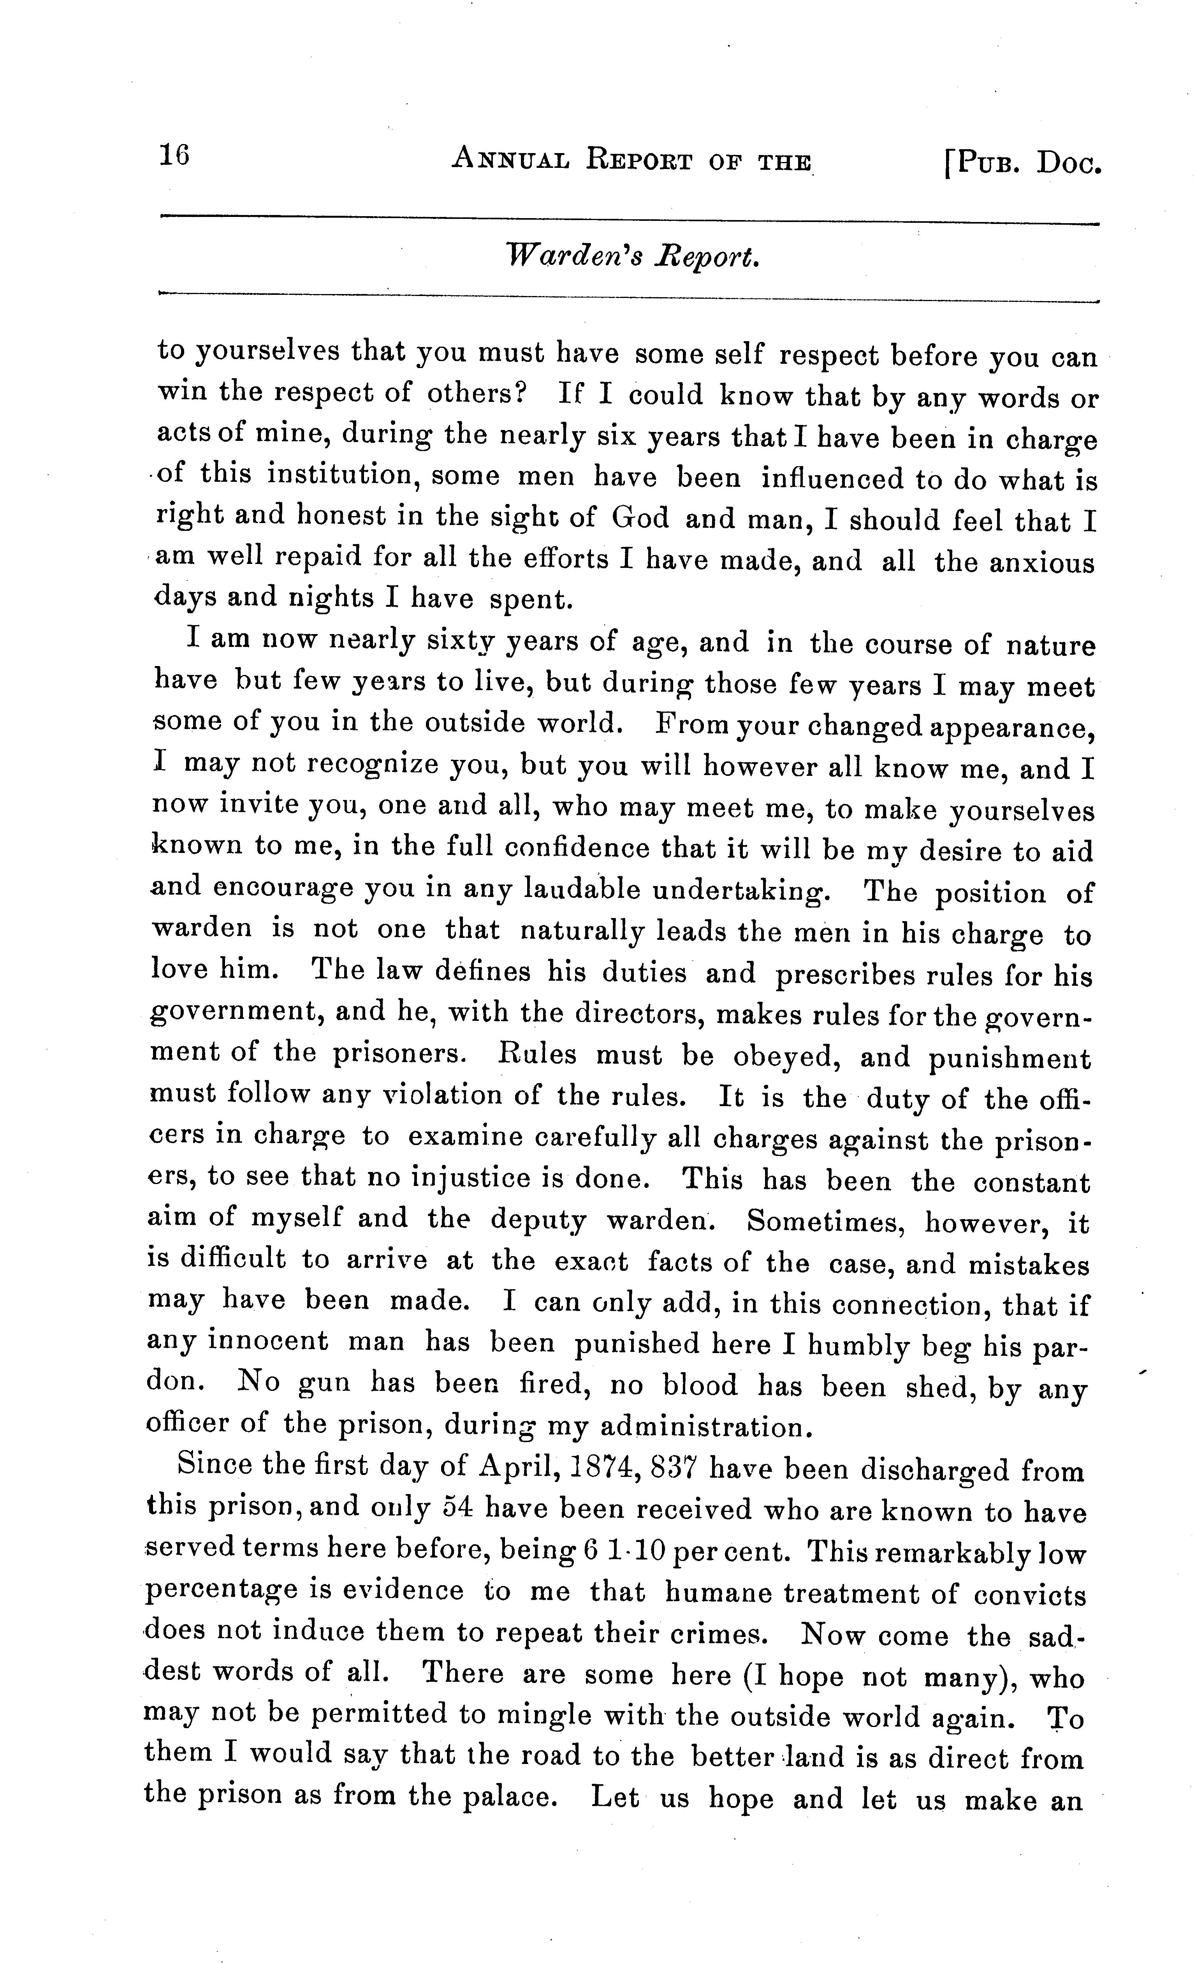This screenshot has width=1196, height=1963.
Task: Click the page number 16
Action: click(174, 155)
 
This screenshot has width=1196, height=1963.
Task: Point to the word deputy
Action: click(538, 1220)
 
